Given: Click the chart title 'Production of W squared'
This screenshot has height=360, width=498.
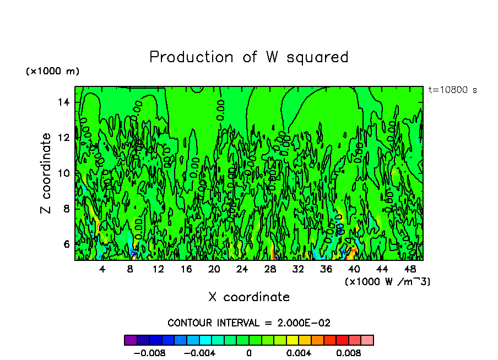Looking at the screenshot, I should tap(249, 57).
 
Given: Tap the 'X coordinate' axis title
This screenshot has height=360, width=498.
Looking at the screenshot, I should tap(249, 297).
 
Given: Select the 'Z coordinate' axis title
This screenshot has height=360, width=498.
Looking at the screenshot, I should tap(46, 173).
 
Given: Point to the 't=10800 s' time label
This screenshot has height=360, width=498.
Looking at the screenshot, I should tap(452, 90).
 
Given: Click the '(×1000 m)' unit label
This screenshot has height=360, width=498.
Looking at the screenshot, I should tap(52, 72).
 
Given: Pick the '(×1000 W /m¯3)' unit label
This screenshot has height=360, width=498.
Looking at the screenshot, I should tap(388, 282).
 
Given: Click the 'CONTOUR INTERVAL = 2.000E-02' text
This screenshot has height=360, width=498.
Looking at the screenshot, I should tap(249, 323).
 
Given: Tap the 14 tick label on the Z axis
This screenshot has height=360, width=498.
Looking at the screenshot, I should tap(64, 102).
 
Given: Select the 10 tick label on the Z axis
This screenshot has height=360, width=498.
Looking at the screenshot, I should tap(64, 173).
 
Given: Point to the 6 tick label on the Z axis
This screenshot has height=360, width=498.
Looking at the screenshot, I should tap(67, 244).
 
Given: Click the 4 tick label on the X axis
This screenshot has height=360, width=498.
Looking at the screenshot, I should tap(102, 269).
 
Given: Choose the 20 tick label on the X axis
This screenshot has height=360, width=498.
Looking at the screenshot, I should tap(214, 269).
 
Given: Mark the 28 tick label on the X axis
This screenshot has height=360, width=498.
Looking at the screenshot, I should tap(270, 269).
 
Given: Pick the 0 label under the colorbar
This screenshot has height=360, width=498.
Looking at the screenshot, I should tap(249, 352).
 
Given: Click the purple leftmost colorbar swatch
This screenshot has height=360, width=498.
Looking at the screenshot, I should tap(131, 340).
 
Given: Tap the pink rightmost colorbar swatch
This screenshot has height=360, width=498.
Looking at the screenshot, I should tap(367, 340).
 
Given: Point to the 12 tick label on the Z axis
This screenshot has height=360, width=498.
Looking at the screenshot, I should tap(64, 138).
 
